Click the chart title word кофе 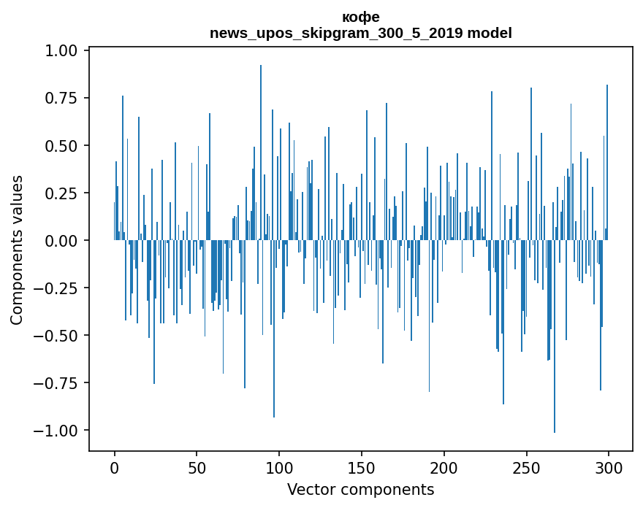point(360,17)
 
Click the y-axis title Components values point(17,250)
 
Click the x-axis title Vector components point(360,490)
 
